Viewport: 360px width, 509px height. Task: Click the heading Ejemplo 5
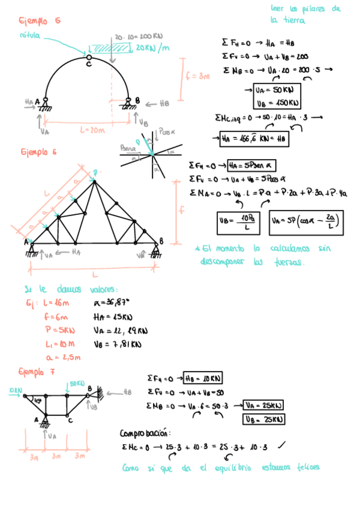coord(40,21)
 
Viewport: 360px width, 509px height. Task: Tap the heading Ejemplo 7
coord(37,372)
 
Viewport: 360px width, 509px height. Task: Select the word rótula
coord(30,36)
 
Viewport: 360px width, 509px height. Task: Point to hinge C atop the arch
coord(88,59)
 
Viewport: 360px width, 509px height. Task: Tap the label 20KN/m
coord(152,48)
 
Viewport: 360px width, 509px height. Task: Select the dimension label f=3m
coord(197,76)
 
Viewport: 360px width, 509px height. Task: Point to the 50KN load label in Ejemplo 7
coord(76,383)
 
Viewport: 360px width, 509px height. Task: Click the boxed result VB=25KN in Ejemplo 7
coord(263,419)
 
